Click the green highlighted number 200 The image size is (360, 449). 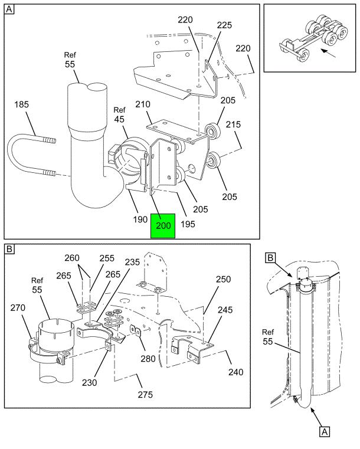tap(162, 225)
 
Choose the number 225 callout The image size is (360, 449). tap(224, 25)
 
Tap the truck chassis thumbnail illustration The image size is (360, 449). tap(306, 38)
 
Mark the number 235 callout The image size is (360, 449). tap(132, 263)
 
